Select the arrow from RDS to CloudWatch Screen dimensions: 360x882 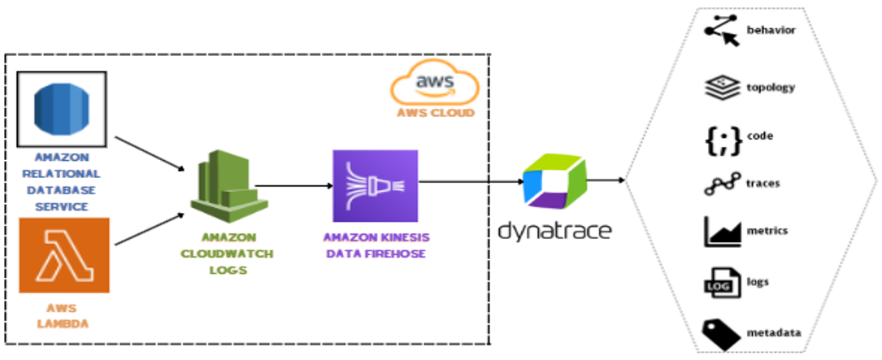(148, 154)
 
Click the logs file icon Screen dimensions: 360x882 (720, 283)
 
